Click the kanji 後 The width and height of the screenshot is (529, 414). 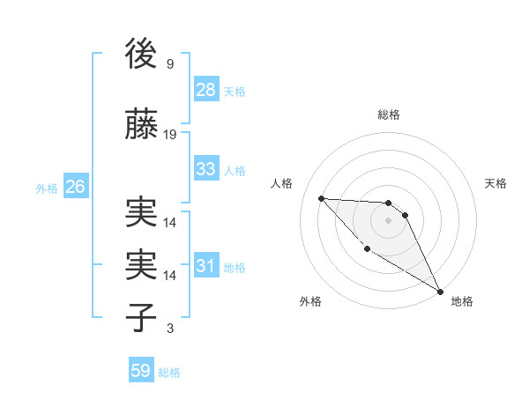click(142, 55)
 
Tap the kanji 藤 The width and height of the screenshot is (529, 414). click(142, 124)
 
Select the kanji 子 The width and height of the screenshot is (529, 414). click(142, 318)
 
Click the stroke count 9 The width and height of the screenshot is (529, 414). click(169, 64)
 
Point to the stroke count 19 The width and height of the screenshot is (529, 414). click(170, 134)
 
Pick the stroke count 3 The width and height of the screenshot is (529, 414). click(169, 329)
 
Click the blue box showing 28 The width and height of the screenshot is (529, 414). click(206, 91)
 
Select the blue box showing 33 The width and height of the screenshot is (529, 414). click(206, 169)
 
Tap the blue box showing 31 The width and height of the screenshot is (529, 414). click(206, 267)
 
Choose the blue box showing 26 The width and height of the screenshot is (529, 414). click(75, 187)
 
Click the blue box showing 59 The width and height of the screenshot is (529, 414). click(141, 371)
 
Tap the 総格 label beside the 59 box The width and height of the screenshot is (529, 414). click(169, 373)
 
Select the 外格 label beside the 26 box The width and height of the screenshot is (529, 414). click(47, 188)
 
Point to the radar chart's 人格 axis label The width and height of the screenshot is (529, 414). click(282, 183)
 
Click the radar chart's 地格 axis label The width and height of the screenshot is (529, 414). click(462, 301)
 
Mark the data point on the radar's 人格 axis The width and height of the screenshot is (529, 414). click(321, 198)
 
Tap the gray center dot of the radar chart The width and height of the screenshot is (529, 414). click(388, 220)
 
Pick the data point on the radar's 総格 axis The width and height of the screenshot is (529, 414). click(388, 203)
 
